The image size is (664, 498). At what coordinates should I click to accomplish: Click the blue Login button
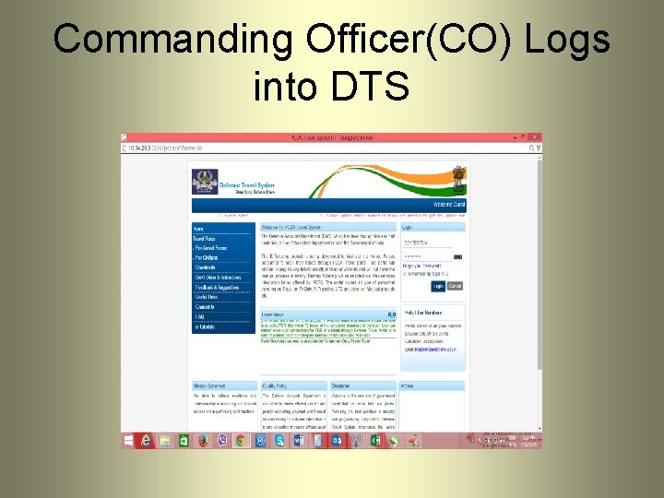[437, 286]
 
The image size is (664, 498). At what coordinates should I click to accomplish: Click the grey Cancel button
[454, 286]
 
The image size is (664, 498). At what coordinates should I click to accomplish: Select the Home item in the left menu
[198, 228]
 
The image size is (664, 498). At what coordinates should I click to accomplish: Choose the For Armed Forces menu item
[209, 248]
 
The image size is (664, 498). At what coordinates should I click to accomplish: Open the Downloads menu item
[205, 267]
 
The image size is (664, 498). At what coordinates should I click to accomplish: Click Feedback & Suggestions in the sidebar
[216, 287]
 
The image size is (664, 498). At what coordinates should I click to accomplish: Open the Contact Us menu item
[205, 306]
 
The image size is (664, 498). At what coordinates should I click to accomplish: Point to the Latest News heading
[273, 314]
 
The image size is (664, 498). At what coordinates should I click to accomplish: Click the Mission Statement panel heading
[211, 385]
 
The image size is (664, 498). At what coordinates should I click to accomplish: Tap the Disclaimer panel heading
[343, 385]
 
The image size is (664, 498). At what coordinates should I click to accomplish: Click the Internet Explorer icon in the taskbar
[146, 441]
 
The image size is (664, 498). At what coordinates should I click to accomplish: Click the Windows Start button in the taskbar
[127, 441]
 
